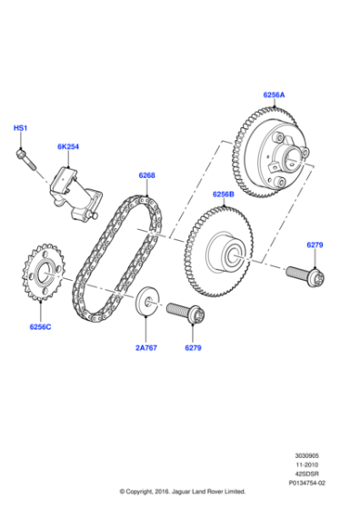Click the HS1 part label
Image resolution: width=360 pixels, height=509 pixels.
tap(20, 128)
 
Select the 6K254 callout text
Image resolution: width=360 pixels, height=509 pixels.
tap(68, 146)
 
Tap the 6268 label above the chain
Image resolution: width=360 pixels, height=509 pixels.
tap(146, 175)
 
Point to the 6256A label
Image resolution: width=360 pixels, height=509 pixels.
tap(275, 94)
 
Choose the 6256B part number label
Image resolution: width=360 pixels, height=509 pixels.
tap(224, 193)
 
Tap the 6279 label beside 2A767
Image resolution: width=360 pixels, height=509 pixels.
tap(193, 348)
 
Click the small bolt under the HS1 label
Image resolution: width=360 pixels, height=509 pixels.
tap(25, 159)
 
